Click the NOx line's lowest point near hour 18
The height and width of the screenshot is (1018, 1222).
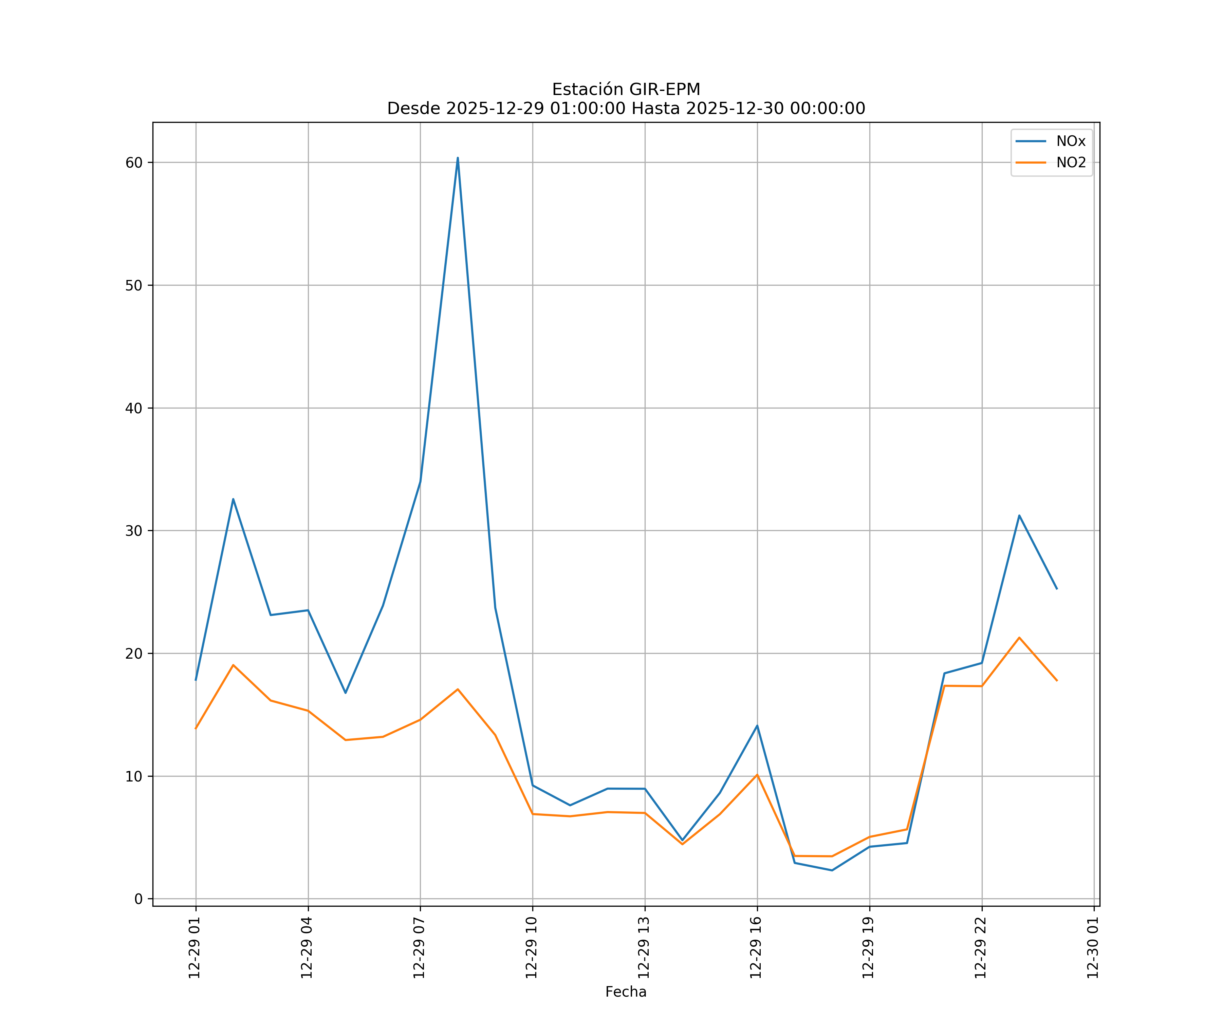coord(832,870)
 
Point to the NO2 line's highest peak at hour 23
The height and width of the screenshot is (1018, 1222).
coord(1019,638)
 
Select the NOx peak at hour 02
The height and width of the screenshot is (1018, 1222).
coord(233,499)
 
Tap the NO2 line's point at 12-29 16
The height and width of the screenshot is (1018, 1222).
coord(757,774)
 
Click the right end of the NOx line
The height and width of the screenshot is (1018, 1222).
coord(1057,589)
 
